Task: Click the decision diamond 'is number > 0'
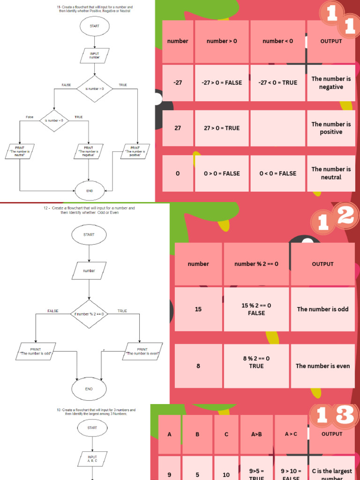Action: [95, 89]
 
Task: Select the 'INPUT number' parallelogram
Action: [95, 55]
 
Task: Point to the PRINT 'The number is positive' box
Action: [135, 151]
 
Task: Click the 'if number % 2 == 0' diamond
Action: [89, 314]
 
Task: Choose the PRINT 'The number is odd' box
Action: [36, 352]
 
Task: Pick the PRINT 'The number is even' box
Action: [142, 352]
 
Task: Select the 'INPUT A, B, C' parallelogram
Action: [92, 459]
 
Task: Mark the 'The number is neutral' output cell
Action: [331, 173]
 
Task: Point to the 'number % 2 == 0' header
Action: [256, 264]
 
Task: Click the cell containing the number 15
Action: [198, 309]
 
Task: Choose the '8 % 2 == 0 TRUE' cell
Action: [256, 362]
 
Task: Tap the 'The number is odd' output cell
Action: [322, 309]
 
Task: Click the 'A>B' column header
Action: [256, 434]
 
